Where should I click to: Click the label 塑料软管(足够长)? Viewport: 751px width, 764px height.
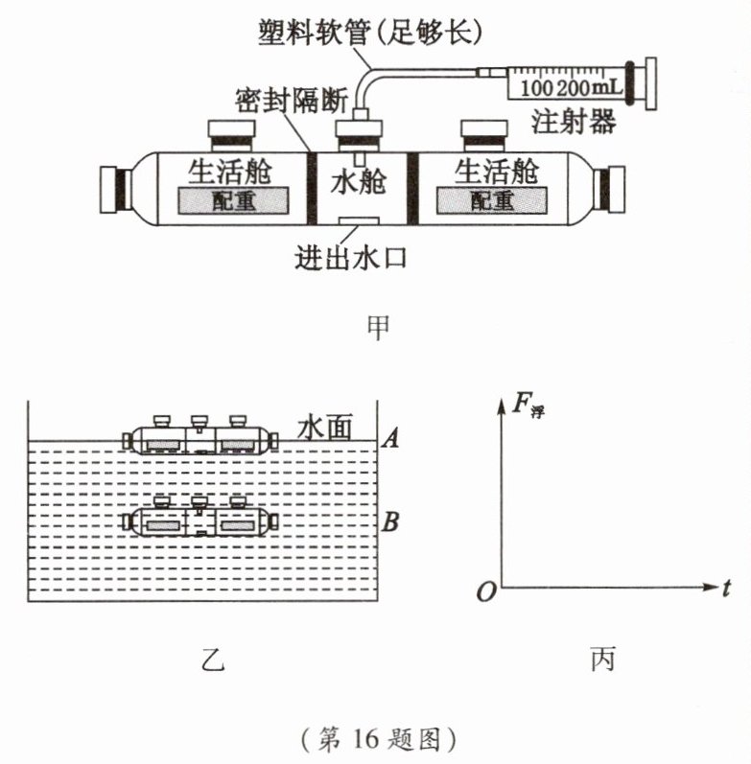click(370, 33)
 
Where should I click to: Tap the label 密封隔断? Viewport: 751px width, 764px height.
click(292, 102)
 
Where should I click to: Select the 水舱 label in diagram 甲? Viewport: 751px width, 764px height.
click(359, 182)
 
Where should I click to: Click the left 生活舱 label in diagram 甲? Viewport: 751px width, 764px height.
click(229, 171)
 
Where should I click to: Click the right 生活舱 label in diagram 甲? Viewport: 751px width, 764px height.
click(497, 171)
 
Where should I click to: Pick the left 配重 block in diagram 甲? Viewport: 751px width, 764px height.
click(233, 200)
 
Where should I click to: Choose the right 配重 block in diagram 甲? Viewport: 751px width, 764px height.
click(492, 200)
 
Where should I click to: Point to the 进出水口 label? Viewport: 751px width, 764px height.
click(351, 257)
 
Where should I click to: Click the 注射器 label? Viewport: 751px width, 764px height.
click(573, 122)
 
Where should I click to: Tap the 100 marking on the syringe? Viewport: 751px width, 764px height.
click(536, 88)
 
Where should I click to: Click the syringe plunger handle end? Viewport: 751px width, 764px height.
click(650, 83)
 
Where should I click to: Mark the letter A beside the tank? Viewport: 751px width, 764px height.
click(390, 438)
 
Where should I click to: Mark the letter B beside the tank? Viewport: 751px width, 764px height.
click(390, 521)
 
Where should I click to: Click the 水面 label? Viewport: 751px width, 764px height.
click(325, 428)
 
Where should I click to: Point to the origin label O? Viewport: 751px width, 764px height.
click(485, 592)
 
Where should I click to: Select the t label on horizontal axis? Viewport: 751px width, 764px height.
click(726, 589)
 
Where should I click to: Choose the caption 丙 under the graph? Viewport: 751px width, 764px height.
click(602, 660)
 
